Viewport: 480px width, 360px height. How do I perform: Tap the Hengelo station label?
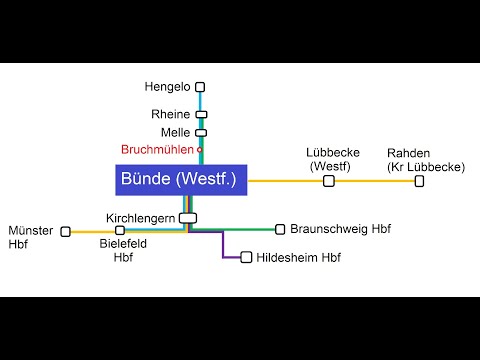tap(166, 87)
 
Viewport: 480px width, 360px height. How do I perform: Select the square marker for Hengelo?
tap(200, 87)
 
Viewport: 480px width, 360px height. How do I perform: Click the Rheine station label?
tap(170, 114)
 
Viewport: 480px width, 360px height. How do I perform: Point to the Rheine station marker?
tap(200, 114)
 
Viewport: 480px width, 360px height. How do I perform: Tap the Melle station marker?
tap(200, 132)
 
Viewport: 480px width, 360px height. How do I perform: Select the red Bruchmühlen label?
tap(157, 150)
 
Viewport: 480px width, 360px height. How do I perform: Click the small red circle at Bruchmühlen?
tap(199, 150)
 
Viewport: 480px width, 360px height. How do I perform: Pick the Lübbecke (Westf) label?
tap(329, 159)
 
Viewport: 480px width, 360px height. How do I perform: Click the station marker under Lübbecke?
tap(329, 181)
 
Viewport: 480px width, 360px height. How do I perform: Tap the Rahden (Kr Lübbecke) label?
tap(425, 159)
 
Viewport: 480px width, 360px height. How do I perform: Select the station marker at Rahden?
tap(419, 181)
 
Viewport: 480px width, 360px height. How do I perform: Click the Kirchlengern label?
tap(140, 217)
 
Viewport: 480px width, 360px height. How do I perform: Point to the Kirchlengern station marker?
tap(188, 217)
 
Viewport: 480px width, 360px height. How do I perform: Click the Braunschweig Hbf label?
tap(340, 229)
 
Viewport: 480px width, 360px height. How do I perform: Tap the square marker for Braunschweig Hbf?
tap(280, 229)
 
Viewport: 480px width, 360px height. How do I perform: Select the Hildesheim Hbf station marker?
tap(246, 257)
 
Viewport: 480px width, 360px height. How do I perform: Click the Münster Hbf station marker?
tap(66, 231)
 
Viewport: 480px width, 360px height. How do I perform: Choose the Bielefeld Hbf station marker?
tap(120, 231)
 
